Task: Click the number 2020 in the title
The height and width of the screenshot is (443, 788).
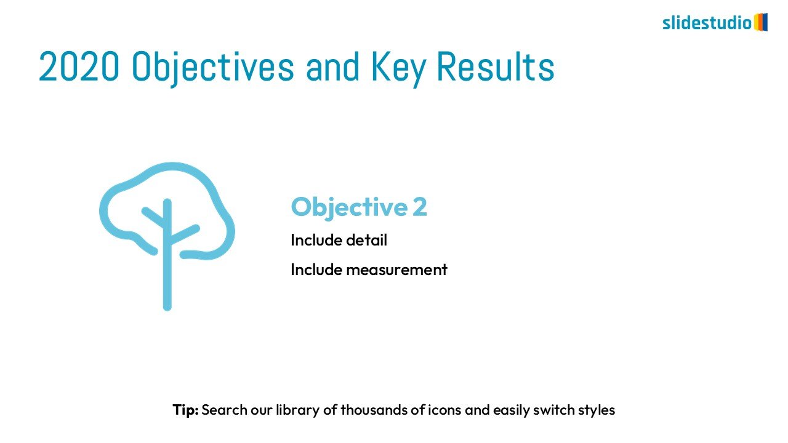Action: click(x=79, y=66)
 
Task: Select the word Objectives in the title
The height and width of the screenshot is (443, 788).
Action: click(x=212, y=68)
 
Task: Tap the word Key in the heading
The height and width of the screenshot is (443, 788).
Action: click(x=398, y=68)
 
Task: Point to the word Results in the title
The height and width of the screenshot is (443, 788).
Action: click(x=496, y=66)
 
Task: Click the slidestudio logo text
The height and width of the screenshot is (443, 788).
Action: click(x=707, y=23)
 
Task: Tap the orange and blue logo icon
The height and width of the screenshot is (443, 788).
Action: click(x=760, y=22)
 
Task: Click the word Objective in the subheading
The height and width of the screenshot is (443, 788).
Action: click(x=349, y=207)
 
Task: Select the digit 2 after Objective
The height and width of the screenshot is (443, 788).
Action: click(x=420, y=207)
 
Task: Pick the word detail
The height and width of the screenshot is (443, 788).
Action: click(x=366, y=240)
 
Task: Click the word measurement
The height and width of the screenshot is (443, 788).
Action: click(x=397, y=270)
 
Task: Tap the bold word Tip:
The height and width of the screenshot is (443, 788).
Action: click(x=185, y=410)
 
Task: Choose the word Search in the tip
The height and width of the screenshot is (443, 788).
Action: click(x=225, y=410)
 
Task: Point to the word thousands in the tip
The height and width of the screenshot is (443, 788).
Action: click(x=374, y=410)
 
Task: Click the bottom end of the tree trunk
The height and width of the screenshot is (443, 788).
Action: click(x=167, y=308)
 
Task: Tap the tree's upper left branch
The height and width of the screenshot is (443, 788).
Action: click(x=154, y=217)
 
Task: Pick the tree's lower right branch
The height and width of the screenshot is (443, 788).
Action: click(x=183, y=234)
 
